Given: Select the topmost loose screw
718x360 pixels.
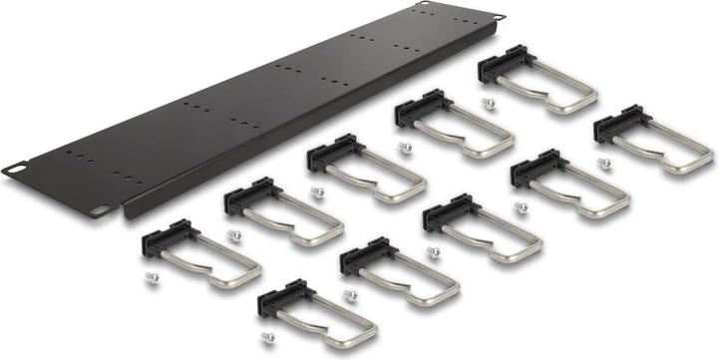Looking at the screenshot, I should (488, 103).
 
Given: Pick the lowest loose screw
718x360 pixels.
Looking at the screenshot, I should (267, 339).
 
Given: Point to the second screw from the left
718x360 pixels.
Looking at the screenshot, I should (235, 235).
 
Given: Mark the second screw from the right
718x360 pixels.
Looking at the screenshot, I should (521, 206).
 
